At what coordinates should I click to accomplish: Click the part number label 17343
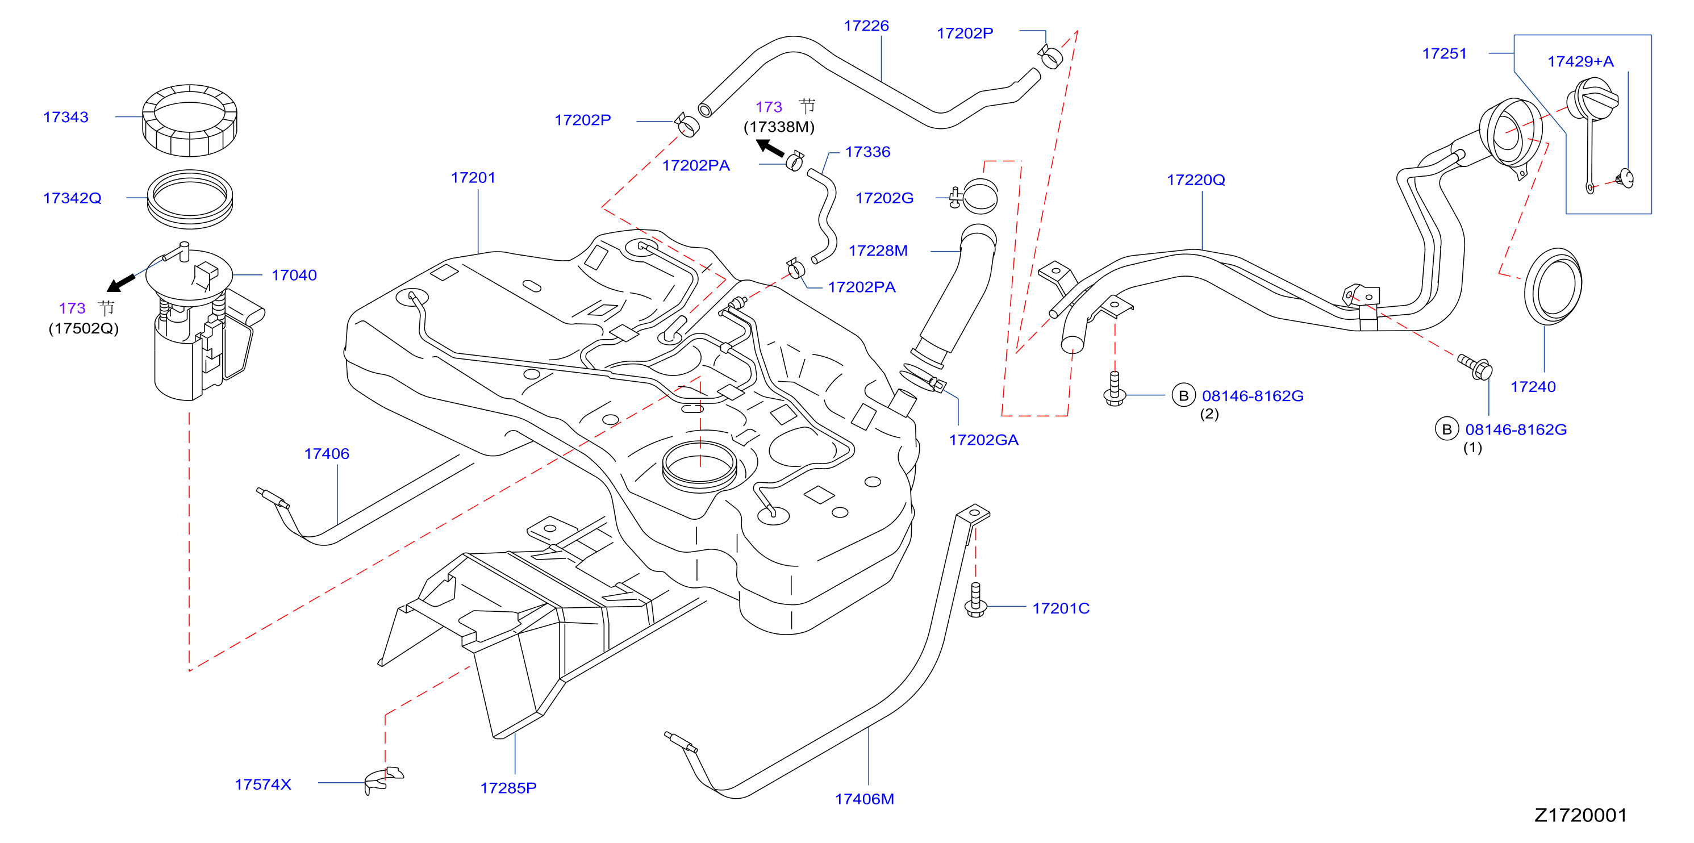click(x=66, y=117)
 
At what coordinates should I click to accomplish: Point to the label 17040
click(x=294, y=275)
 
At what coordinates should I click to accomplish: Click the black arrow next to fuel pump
click(x=122, y=282)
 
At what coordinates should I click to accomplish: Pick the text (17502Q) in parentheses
click(x=84, y=328)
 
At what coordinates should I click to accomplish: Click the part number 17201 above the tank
click(x=473, y=178)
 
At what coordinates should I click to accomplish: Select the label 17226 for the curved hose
click(x=866, y=26)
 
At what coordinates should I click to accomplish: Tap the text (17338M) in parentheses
click(x=779, y=127)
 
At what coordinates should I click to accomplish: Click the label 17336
click(x=867, y=152)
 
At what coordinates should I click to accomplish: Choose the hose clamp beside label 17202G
click(x=975, y=195)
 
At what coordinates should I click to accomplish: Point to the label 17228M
click(x=878, y=251)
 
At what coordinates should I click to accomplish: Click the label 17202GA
click(x=983, y=440)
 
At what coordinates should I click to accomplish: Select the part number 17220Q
click(x=1196, y=180)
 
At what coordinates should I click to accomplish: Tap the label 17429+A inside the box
click(x=1580, y=62)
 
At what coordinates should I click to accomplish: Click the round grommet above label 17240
click(x=1553, y=286)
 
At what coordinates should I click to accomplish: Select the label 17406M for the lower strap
click(x=864, y=799)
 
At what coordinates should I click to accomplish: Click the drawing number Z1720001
click(x=1580, y=815)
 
